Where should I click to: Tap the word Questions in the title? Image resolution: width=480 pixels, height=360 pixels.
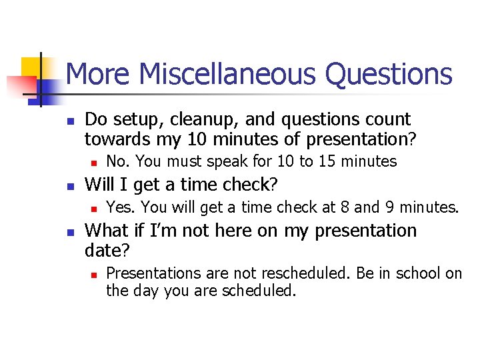388,75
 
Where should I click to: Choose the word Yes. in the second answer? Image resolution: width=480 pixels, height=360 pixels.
121,207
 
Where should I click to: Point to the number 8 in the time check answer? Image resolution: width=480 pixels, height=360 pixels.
344,207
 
